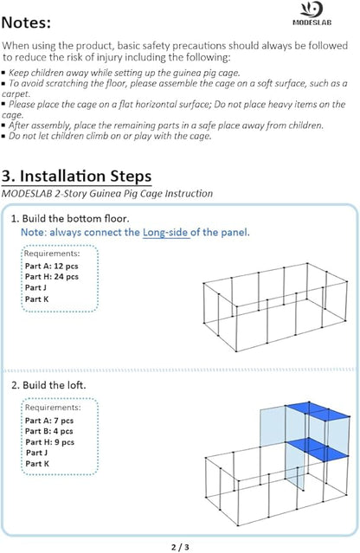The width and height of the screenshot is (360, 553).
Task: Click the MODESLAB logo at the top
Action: [x=312, y=13]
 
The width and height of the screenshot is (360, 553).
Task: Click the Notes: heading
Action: [x=27, y=23]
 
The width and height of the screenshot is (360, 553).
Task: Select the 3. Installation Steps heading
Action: [x=76, y=176]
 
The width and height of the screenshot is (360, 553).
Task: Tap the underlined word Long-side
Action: [x=165, y=233]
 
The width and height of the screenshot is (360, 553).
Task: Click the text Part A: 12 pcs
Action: [x=51, y=267]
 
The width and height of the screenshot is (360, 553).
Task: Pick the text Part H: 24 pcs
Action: [x=51, y=277]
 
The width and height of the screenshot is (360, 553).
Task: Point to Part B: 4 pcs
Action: [x=49, y=431]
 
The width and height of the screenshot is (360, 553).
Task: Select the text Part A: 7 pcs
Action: [x=49, y=421]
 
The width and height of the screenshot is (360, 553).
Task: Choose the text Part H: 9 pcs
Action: [x=49, y=442]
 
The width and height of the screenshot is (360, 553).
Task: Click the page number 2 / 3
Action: [x=180, y=547]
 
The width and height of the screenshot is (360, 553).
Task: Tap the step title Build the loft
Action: [x=55, y=385]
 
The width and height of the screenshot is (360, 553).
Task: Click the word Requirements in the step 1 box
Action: [x=51, y=254]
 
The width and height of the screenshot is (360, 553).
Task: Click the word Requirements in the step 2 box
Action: [x=52, y=408]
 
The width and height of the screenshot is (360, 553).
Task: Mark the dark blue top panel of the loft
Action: [x=318, y=410]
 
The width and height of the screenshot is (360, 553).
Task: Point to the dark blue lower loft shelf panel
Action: [x=318, y=449]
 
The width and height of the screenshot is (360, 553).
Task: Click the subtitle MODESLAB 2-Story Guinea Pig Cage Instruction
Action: [x=107, y=194]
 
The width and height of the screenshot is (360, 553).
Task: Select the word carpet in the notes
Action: [x=15, y=94]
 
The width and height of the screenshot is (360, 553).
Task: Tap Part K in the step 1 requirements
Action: [x=36, y=299]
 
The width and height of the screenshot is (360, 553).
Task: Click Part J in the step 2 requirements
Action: [x=36, y=453]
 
